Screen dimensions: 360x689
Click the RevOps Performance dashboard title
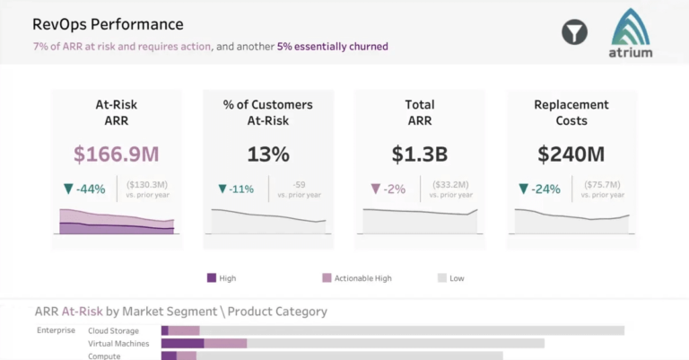click(x=108, y=24)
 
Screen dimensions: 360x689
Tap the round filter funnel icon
click(x=574, y=32)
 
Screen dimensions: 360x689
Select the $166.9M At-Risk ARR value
click(x=116, y=154)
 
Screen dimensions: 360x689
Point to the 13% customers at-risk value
click(x=268, y=154)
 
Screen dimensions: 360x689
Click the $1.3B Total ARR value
click(x=420, y=154)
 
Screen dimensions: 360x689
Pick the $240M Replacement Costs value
click(x=571, y=154)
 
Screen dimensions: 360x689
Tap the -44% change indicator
click(x=85, y=189)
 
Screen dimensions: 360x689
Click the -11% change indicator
click(x=237, y=189)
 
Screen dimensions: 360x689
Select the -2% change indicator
click(x=388, y=189)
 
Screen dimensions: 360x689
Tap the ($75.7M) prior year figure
click(x=603, y=184)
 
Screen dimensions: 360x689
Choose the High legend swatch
click(x=212, y=278)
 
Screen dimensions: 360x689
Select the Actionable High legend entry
click(x=357, y=278)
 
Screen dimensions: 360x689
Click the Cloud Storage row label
click(x=113, y=330)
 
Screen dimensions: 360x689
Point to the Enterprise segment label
click(x=56, y=330)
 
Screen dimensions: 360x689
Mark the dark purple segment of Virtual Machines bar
click(x=183, y=343)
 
